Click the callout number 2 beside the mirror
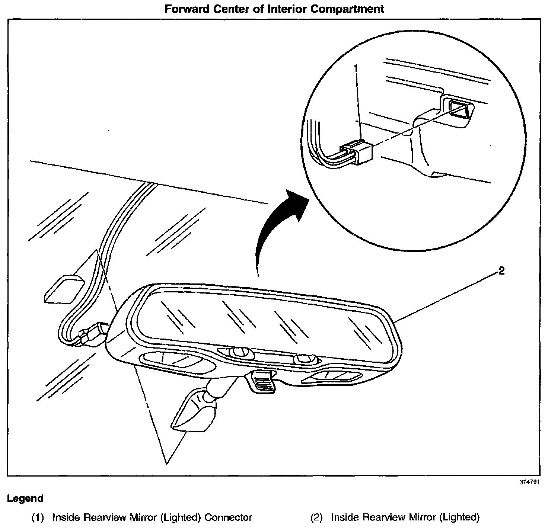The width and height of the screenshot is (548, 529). coord(501,271)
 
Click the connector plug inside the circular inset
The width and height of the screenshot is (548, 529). coord(358,152)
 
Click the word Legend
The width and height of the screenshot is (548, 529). coord(25,498)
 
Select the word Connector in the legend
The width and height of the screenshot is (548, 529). coord(229,517)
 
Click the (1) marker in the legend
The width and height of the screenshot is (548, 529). coord(38,517)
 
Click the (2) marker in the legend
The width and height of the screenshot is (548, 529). coord(316,517)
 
